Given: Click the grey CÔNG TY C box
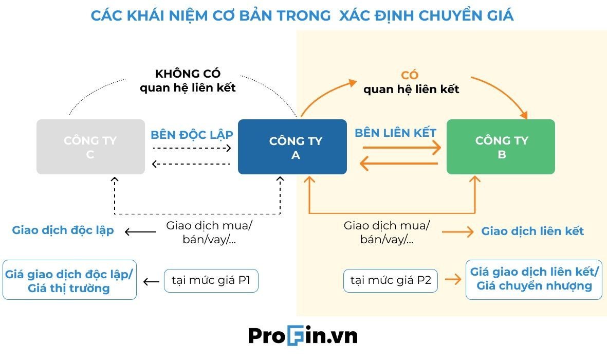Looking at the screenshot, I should [x=90, y=147].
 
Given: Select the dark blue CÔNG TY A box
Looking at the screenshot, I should [x=292, y=147].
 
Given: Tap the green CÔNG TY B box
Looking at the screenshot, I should [x=501, y=147].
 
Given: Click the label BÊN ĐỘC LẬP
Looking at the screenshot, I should [x=192, y=135].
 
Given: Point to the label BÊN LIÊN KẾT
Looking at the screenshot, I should [x=395, y=133].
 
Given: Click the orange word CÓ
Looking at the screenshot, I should [x=410, y=76].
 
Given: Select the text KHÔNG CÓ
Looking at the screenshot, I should [x=188, y=74].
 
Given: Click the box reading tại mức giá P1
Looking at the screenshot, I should [x=211, y=281].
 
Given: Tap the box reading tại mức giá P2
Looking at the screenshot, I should [x=391, y=281].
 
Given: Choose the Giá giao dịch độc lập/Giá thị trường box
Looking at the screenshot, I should [x=69, y=280].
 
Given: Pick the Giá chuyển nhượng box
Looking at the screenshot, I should [x=534, y=279].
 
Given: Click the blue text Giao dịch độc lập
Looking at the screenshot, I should [x=63, y=230].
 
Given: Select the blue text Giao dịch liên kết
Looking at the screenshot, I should [x=532, y=231].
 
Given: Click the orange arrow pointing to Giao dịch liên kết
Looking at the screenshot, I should [x=457, y=232].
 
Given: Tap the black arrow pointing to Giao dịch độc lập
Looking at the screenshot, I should [x=140, y=232].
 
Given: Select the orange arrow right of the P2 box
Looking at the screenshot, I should [x=453, y=280].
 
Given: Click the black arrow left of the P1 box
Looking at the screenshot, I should [x=151, y=282].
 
